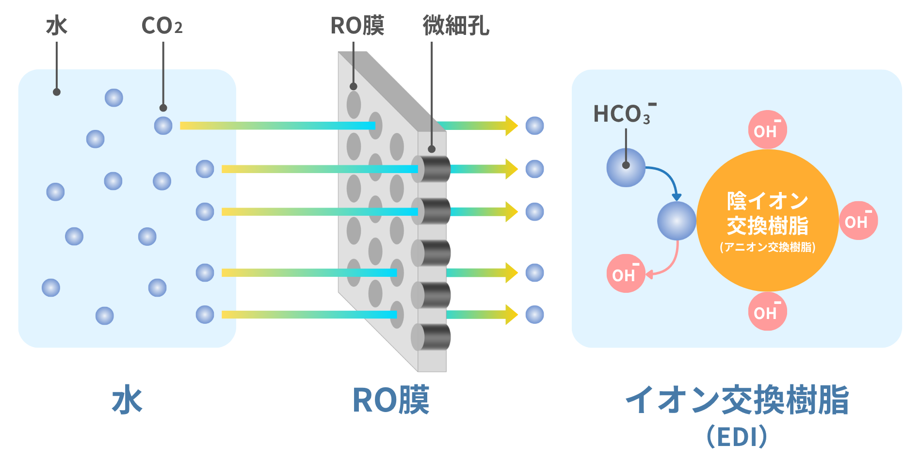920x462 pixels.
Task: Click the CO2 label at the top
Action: pos(162,26)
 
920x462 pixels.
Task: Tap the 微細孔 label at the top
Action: pos(456,25)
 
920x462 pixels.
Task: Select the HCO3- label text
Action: pos(625,113)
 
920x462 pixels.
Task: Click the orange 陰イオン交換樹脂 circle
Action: pos(767,221)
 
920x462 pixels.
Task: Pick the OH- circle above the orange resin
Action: pos(767,130)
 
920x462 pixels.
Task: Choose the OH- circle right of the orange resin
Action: pos(858,221)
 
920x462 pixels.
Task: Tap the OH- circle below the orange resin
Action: pos(767,311)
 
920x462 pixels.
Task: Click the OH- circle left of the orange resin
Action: pos(626,273)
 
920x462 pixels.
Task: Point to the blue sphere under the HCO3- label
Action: pos(626,168)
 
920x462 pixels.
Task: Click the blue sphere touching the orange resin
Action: pos(677,221)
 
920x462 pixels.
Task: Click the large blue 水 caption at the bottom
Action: pos(127,400)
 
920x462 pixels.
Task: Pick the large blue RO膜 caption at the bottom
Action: pos(391,400)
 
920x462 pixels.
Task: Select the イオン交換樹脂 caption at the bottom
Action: pos(737,400)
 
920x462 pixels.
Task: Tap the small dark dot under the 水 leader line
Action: pos(57,92)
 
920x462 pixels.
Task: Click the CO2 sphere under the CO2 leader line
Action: pos(163,126)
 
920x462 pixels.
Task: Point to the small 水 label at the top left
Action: pos(57,26)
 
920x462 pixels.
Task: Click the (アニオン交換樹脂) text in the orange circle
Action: pos(767,247)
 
